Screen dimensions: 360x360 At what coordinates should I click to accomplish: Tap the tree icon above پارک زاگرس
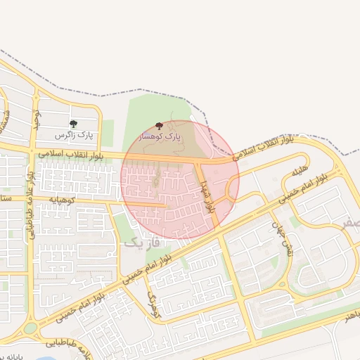point(73,124)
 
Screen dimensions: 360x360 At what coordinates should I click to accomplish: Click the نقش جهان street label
point(281,238)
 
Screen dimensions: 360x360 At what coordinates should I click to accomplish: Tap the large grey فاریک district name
point(142,242)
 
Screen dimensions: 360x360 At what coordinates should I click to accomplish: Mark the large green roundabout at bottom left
point(30,328)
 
